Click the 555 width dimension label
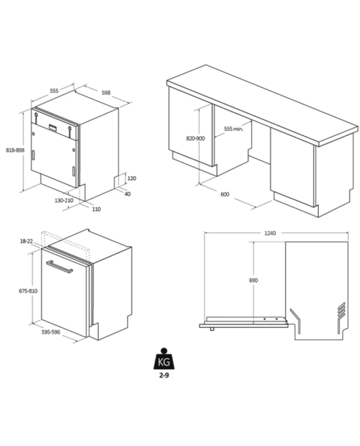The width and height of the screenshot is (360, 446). (54, 91)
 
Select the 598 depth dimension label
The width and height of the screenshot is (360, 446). (106, 93)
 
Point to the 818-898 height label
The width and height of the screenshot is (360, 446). (15, 150)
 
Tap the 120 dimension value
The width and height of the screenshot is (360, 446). (132, 178)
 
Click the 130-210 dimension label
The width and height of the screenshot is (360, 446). (64, 200)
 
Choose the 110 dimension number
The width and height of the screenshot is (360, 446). (96, 209)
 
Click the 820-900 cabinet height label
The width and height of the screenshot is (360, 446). (196, 139)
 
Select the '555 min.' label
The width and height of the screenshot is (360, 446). (234, 129)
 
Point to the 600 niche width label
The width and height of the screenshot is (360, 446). (225, 194)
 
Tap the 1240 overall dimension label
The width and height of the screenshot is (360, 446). (270, 233)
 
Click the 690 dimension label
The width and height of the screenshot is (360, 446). (253, 281)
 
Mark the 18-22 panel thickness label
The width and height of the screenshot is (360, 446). (27, 241)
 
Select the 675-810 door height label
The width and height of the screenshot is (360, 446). (28, 291)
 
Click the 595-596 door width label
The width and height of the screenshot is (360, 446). (51, 332)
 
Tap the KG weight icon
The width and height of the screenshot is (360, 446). (163, 359)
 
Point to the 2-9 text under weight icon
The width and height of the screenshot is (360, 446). (163, 376)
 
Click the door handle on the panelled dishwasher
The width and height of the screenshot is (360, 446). (60, 267)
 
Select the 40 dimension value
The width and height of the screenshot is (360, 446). (127, 194)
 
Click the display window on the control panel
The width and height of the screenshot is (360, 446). (53, 127)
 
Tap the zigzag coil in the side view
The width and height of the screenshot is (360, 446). (341, 317)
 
